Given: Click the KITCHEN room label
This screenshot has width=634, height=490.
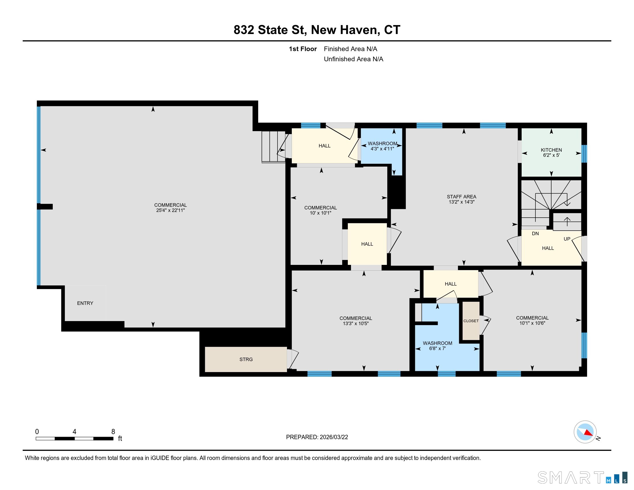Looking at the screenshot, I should point(551,150).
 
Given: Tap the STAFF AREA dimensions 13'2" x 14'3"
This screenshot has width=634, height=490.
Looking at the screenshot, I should point(461,202).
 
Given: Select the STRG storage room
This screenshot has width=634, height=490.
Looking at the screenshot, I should point(246,359).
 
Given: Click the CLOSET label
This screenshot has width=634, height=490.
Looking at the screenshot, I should point(471,321).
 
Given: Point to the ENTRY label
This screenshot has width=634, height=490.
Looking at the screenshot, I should point(85,303).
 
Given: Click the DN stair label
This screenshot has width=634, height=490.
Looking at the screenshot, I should point(535,233).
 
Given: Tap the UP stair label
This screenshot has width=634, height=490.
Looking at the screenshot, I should point(567,239).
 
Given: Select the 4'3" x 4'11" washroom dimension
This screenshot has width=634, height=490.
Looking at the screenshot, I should point(382,149).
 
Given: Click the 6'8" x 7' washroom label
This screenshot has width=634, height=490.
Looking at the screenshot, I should point(437,348).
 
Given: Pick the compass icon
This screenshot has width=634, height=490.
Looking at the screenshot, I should point(585,432).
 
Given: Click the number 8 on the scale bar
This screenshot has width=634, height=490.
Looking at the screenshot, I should point(113,432).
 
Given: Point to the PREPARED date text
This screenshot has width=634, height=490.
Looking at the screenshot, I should point(317,437).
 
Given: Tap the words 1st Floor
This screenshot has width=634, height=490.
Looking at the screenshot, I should point(303,49).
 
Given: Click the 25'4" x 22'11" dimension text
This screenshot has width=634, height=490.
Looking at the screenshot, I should point(170,210).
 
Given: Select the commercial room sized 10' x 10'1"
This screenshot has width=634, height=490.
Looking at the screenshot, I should point(320,210).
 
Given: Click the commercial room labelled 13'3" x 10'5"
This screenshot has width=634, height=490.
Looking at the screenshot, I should point(356,321).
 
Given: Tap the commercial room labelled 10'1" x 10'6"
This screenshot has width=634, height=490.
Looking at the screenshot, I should point(532,321).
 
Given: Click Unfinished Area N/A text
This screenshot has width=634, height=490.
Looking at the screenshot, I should point(353,59).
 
